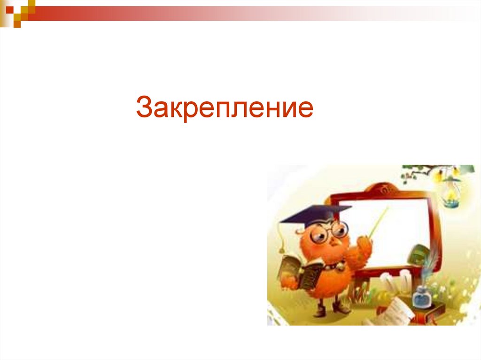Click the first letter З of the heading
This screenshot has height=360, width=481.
pyautogui.click(x=143, y=107)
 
